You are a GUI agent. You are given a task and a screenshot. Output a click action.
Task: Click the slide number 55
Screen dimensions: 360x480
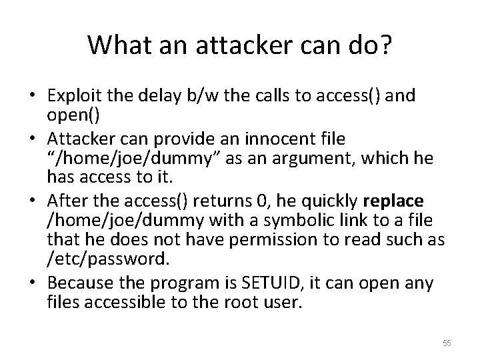click(447, 343)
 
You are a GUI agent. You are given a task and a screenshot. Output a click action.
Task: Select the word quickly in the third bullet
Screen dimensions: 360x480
click(329, 201)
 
